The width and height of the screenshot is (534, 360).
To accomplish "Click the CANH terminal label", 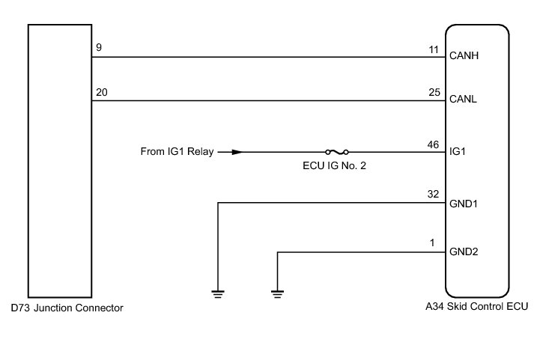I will pyautogui.click(x=463, y=56).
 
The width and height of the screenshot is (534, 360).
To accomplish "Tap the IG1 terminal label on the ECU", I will pyautogui.click(x=457, y=152).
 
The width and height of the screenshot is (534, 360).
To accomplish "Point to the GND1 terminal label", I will pyautogui.click(x=463, y=202).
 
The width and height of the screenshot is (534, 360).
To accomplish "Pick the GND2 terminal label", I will pyautogui.click(x=463, y=252).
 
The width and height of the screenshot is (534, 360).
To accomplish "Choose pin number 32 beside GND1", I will pyautogui.click(x=432, y=194).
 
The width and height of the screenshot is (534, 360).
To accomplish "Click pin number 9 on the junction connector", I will pyautogui.click(x=99, y=47).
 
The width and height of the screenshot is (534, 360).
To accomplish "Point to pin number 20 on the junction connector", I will pyautogui.click(x=101, y=91).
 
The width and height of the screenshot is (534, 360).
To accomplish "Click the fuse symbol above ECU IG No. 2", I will pyautogui.click(x=337, y=152).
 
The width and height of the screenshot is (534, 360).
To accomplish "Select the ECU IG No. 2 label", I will pyautogui.click(x=329, y=166).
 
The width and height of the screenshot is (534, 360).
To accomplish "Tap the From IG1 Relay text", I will pyautogui.click(x=177, y=152).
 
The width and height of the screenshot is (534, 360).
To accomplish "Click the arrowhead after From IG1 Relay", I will pyautogui.click(x=237, y=152).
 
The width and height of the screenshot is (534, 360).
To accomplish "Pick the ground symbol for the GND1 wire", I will pyautogui.click(x=218, y=293).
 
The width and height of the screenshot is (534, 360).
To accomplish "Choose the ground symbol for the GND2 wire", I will pyautogui.click(x=278, y=293).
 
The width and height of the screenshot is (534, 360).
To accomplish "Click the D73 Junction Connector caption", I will pyautogui.click(x=67, y=308).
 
